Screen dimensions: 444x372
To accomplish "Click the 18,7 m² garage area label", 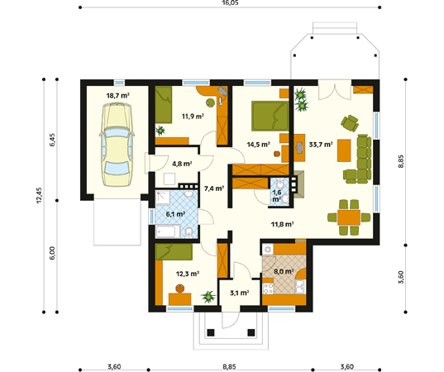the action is click(x=117, y=95).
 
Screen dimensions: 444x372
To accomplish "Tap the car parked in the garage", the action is click(x=117, y=145).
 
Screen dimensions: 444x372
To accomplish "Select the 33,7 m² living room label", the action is click(x=321, y=145).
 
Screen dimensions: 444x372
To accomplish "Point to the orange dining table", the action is click(x=349, y=217).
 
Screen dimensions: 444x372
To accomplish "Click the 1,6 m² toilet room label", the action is click(x=277, y=196).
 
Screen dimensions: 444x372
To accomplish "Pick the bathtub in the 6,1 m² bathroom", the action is click(x=168, y=231).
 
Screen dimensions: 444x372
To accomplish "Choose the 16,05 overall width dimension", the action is click(x=230, y=2).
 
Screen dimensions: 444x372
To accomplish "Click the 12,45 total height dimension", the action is click(x=39, y=195).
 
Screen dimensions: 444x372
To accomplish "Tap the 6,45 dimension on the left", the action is click(x=52, y=140).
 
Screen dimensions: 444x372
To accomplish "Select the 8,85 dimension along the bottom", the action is click(x=229, y=366).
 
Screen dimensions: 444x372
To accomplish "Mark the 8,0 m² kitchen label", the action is click(x=284, y=271).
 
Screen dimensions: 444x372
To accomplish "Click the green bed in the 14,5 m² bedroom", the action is click(x=270, y=116).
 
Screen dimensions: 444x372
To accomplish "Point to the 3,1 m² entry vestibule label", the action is click(x=239, y=293).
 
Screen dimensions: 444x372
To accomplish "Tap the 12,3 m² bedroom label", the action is click(x=188, y=274).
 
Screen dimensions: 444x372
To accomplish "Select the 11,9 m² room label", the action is click(x=193, y=116).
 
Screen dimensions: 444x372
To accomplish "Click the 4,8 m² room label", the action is click(x=182, y=164).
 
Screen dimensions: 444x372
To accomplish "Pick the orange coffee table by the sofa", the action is click(x=344, y=150).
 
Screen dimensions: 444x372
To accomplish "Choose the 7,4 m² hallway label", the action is click(x=214, y=188).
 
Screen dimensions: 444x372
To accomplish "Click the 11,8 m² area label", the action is click(x=282, y=225).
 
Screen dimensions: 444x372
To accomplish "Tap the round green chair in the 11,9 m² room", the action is click(x=210, y=103).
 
